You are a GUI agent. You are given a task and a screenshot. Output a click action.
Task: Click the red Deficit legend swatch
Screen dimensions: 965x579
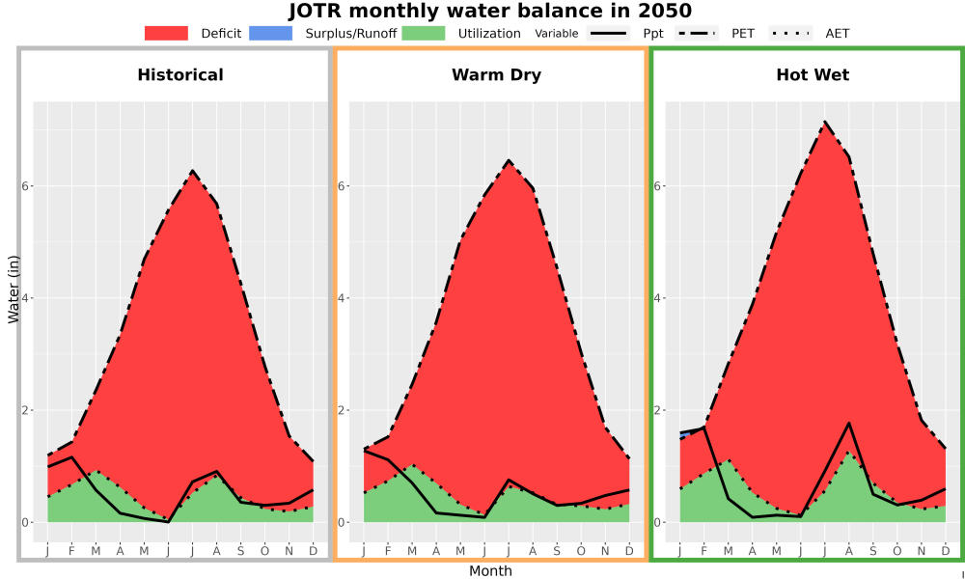click(x=166, y=33)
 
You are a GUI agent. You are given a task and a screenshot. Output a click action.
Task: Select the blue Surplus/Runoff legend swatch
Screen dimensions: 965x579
click(x=271, y=33)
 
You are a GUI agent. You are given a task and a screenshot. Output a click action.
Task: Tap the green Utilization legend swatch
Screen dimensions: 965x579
click(x=424, y=33)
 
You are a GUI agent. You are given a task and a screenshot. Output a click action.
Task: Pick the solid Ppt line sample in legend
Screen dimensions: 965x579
click(x=608, y=33)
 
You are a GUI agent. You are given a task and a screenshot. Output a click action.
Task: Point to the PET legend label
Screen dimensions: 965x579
click(x=743, y=33)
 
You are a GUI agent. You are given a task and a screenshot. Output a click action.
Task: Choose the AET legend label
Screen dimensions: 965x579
click(x=837, y=33)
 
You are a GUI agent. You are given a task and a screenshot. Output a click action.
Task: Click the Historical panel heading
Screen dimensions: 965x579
click(x=180, y=75)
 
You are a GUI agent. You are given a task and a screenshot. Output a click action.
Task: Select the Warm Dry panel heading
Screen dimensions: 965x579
click(x=497, y=75)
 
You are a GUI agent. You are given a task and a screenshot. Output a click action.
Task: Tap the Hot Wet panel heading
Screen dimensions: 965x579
click(x=813, y=75)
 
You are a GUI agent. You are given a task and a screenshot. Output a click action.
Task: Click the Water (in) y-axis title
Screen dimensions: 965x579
click(x=14, y=289)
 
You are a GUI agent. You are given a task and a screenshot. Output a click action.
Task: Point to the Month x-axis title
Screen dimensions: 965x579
click(x=490, y=571)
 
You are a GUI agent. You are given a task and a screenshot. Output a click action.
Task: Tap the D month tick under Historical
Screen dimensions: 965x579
click(x=314, y=551)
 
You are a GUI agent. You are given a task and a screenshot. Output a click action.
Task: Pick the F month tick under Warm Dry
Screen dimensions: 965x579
click(x=388, y=551)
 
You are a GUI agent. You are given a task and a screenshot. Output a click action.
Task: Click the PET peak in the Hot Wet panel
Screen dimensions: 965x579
click(x=825, y=122)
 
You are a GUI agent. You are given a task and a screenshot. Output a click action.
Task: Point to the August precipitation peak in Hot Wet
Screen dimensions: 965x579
click(x=848, y=423)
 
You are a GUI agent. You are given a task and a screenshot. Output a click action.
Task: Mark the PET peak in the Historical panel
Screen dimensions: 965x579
click(x=192, y=171)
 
